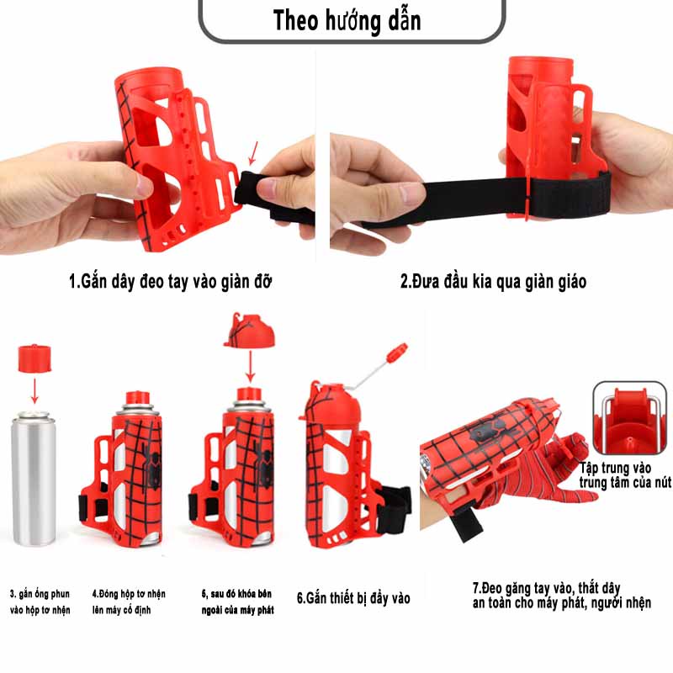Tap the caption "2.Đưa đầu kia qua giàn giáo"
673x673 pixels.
pyautogui.click(x=493, y=281)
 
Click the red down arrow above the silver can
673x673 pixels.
pyautogui.click(x=35, y=392)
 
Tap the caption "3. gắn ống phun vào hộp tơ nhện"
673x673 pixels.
pyautogui.click(x=40, y=601)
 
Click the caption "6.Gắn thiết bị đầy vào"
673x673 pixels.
pyautogui.click(x=353, y=598)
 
